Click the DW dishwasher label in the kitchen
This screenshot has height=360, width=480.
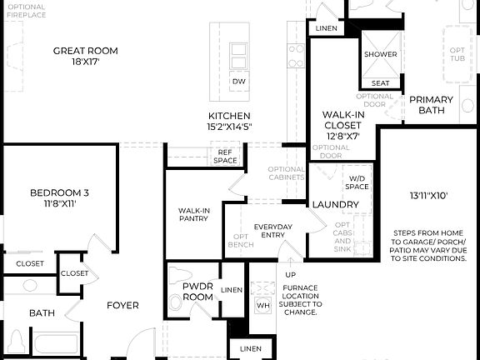239,81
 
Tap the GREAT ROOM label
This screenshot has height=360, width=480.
86,51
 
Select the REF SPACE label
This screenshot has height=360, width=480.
225,156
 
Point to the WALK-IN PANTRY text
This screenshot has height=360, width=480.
193,215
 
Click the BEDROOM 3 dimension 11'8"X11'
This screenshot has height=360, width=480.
59,202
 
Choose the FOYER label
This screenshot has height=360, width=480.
122,305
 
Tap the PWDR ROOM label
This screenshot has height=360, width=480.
198,292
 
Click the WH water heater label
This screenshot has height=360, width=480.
262,305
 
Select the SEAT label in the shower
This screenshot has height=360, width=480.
380,83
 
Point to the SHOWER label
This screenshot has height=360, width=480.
380,55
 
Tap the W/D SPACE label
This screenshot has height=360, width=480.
357,182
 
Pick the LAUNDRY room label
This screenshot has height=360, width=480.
335,204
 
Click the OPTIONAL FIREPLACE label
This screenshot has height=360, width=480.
27,12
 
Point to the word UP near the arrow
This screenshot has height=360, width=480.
291,274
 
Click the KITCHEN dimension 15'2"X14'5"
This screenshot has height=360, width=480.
230,127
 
